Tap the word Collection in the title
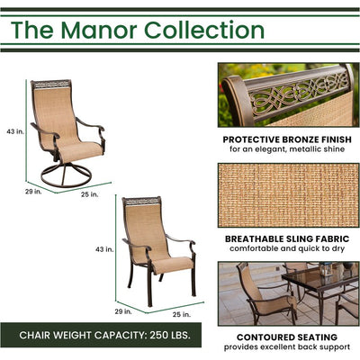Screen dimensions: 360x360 click(x=210, y=30)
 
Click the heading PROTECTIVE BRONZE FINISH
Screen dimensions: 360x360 click(x=284, y=140)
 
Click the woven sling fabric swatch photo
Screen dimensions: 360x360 click(x=284, y=193)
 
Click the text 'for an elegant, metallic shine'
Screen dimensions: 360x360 click(x=284, y=151)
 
